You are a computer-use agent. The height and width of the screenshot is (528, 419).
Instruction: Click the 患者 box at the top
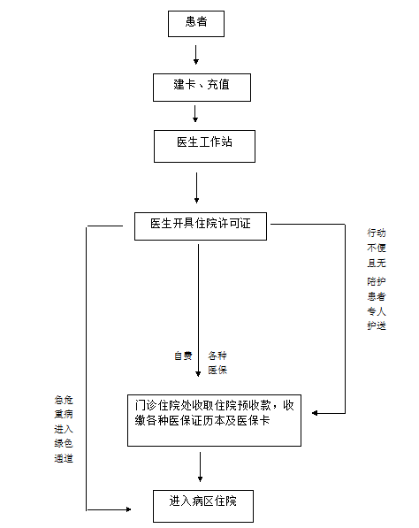(x=196, y=24)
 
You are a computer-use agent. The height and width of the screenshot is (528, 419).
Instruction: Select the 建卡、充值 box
(x=202, y=88)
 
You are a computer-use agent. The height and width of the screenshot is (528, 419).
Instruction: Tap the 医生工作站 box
(x=204, y=146)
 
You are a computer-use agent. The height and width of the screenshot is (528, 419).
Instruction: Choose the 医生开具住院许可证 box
(x=201, y=226)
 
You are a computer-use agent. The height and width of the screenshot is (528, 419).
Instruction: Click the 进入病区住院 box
(x=203, y=506)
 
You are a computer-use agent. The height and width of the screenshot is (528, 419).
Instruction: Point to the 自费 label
(x=183, y=356)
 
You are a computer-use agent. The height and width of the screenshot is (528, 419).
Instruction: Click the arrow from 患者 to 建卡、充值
(x=196, y=55)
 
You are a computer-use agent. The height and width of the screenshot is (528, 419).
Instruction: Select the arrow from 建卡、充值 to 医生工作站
(x=195, y=114)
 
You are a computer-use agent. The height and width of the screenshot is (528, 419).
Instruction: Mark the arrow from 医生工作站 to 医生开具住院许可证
(x=197, y=187)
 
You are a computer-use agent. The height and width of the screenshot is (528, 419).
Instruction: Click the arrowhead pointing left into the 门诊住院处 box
(x=315, y=413)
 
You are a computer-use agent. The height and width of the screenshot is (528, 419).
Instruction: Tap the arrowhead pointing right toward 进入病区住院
(x=128, y=509)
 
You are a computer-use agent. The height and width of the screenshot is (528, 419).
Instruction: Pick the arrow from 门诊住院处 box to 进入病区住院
(x=201, y=467)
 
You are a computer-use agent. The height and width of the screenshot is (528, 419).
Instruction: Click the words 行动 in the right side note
(x=377, y=233)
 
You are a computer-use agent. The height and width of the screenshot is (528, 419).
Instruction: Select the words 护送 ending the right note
(x=377, y=325)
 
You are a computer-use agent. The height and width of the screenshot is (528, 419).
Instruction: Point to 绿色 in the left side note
(x=64, y=443)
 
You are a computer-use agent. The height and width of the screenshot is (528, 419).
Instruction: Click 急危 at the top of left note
(x=64, y=400)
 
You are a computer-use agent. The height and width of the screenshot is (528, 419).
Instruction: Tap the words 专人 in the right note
(x=377, y=311)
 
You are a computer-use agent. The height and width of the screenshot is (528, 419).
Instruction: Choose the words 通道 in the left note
(x=64, y=458)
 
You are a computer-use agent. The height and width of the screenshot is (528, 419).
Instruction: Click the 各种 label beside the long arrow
(x=217, y=356)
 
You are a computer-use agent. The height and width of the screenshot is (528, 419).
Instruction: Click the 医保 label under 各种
(x=217, y=370)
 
